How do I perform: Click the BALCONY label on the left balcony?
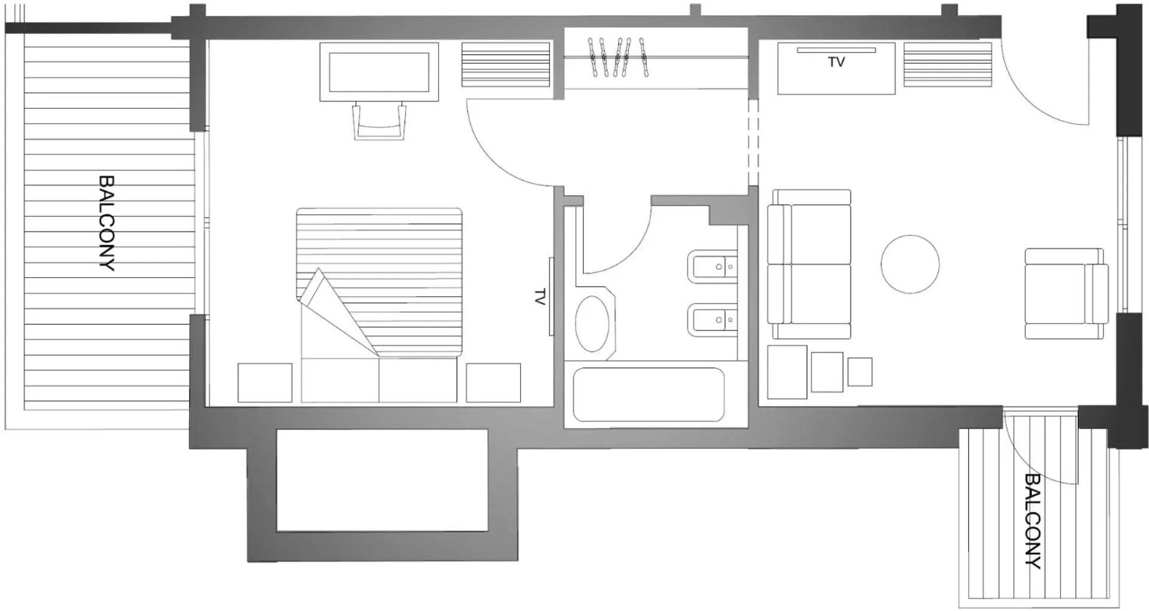coord(107,223)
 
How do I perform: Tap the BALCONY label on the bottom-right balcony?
coord(1033,520)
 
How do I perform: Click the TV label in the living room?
coord(836,62)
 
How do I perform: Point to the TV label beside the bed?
coord(540,297)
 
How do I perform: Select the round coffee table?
coord(910,264)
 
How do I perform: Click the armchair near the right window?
coord(1066,294)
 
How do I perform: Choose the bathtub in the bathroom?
coord(648,394)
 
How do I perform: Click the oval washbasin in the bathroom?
coord(592,324)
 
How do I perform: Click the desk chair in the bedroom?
coord(379,121)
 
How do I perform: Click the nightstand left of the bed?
coord(265,382)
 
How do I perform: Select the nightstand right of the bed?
coord(493,382)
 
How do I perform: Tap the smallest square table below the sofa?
coord(859,371)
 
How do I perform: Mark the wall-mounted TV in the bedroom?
coord(551,297)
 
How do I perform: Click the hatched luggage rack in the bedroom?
coord(506,65)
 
